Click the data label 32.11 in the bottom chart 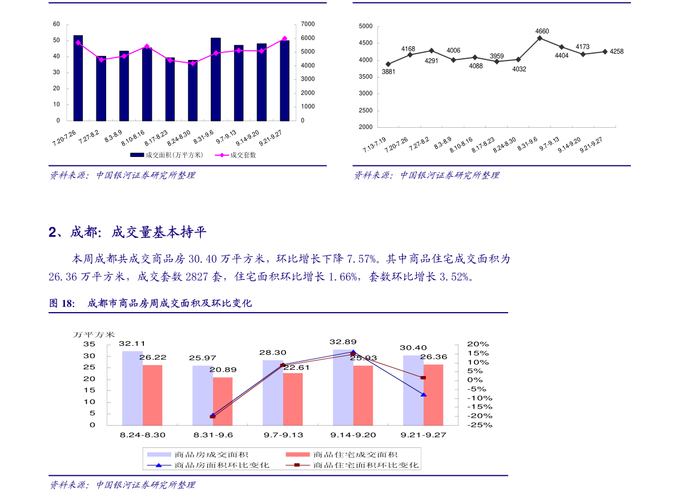(132, 344)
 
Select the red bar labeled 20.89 (223, 401)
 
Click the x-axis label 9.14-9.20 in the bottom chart (353, 435)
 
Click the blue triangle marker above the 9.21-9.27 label (424, 395)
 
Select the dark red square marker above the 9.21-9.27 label (423, 378)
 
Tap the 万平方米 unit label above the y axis (94, 335)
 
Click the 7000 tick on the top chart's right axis (308, 24)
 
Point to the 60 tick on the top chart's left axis (57, 24)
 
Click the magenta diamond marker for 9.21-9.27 (284, 39)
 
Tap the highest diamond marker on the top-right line (540, 38)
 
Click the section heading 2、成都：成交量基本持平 (127, 232)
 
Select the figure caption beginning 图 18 (150, 304)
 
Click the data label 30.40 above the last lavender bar (413, 348)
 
